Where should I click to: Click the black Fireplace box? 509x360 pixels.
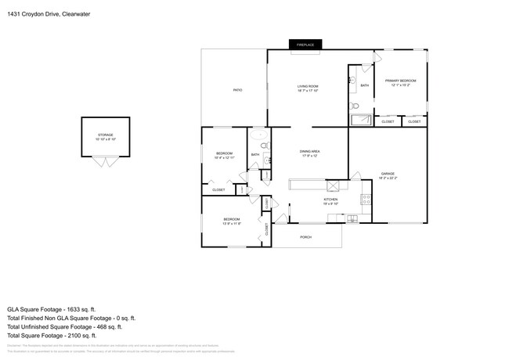point(305,45)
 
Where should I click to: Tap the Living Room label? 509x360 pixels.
point(307,88)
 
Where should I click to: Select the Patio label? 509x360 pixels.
point(237,90)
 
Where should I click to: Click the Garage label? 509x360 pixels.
point(388,175)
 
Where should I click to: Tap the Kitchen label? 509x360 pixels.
point(331,201)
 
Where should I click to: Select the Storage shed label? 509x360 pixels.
point(106,137)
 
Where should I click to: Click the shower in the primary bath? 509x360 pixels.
point(361,120)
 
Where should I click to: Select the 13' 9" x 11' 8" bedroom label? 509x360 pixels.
point(231,221)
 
